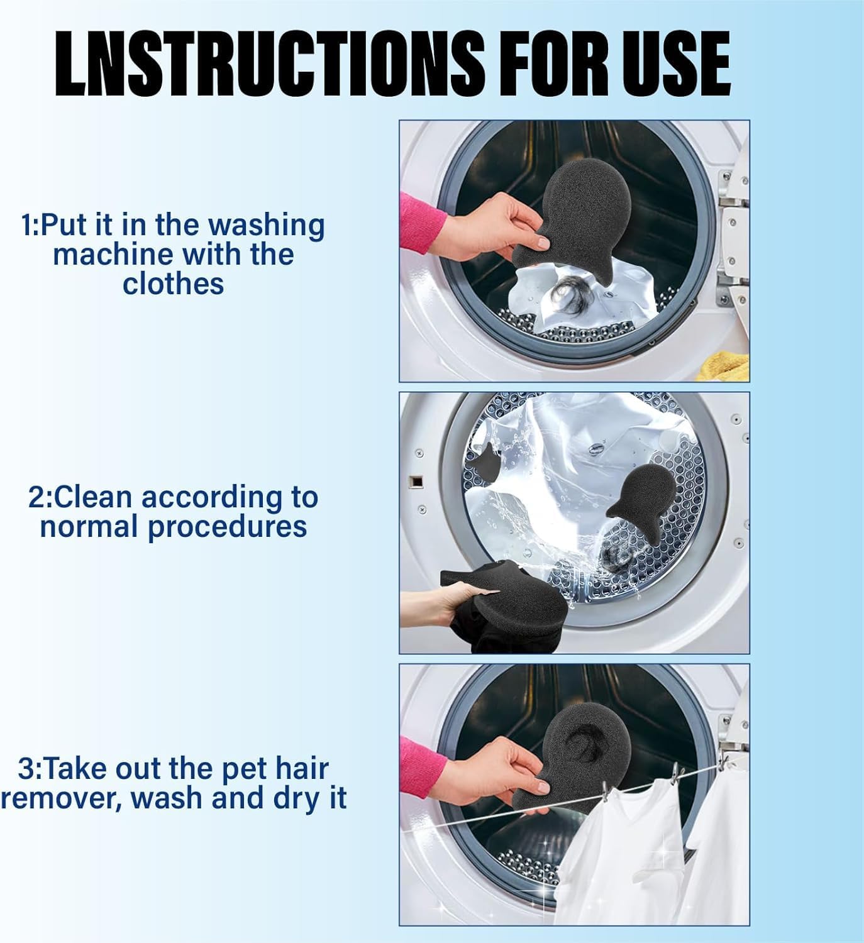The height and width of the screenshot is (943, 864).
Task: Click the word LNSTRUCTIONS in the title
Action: (x=270, y=64)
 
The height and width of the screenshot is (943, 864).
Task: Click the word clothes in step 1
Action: (x=173, y=284)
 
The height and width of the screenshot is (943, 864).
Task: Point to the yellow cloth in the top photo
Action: (x=724, y=366)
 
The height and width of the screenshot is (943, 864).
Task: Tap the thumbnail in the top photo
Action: (x=543, y=243)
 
